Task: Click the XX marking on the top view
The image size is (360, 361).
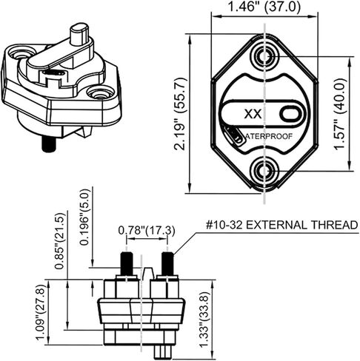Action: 252,115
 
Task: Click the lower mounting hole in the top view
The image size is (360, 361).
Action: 265,171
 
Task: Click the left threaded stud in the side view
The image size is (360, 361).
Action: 125,263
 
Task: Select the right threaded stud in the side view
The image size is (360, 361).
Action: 167,263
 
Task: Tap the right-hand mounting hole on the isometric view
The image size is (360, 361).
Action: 94,93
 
